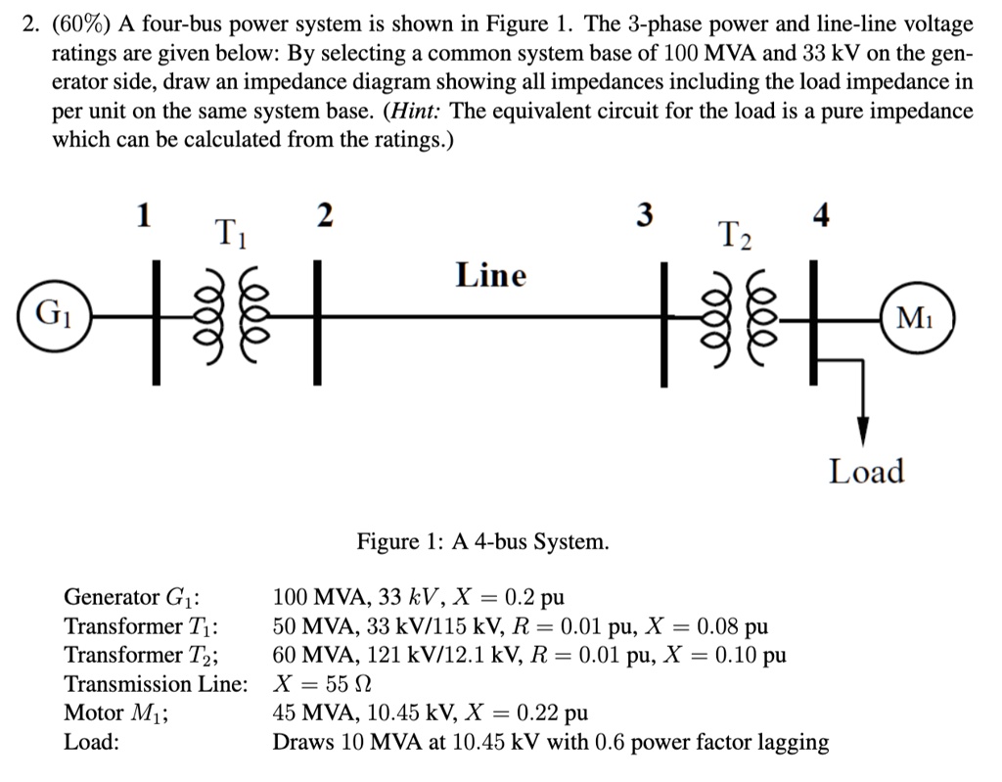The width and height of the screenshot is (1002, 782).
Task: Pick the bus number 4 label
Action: tap(821, 216)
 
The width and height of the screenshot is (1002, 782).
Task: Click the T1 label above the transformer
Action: tap(231, 235)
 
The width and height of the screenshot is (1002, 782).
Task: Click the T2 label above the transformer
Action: tap(738, 236)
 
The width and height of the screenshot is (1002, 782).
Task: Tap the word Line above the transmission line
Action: tap(490, 276)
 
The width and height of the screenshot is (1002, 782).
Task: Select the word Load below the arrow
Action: tap(866, 472)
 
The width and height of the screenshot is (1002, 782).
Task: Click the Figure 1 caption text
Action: tap(482, 541)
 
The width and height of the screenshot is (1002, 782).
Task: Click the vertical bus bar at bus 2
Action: tap(317, 315)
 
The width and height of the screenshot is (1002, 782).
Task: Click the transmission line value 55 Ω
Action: tap(348, 684)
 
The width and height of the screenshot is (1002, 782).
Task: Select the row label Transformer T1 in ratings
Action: tap(141, 626)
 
